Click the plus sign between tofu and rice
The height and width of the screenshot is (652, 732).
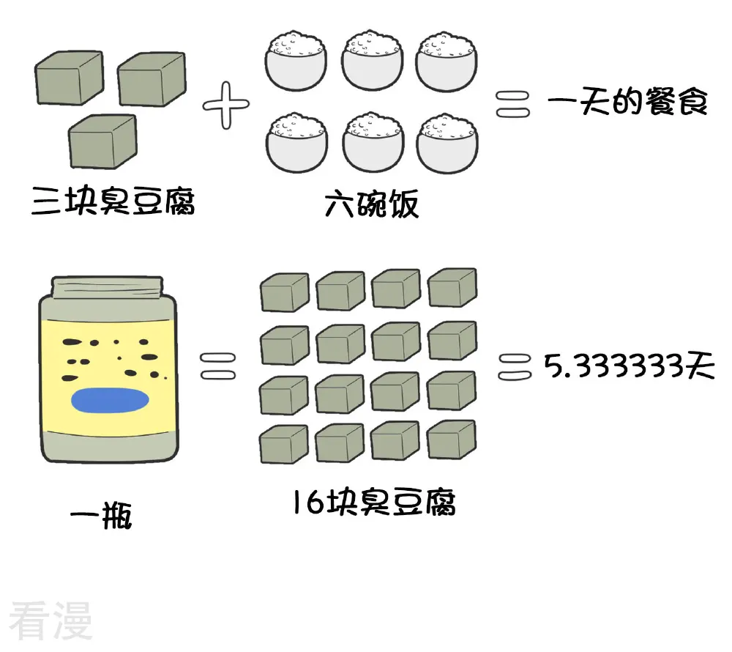pyautogui.click(x=226, y=105)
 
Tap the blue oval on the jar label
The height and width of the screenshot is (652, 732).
pyautogui.click(x=111, y=401)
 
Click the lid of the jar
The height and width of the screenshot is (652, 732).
pyautogui.click(x=108, y=288)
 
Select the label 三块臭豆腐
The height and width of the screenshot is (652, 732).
pyautogui.click(x=113, y=201)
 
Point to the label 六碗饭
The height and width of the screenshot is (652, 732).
pyautogui.click(x=372, y=203)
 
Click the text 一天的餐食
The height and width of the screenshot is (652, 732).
pyautogui.click(x=628, y=102)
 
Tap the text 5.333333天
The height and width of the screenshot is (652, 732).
pyautogui.click(x=629, y=366)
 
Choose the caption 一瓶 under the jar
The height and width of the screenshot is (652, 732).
pyautogui.click(x=101, y=515)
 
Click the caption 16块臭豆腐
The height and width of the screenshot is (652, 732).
pyautogui.click(x=374, y=502)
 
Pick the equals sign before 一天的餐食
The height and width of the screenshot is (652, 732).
pyautogui.click(x=512, y=104)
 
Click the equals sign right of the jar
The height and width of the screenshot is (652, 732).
pyautogui.click(x=218, y=366)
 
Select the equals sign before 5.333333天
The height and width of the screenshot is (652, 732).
pyautogui.click(x=515, y=367)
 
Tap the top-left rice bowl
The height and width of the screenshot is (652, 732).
pyautogui.click(x=296, y=61)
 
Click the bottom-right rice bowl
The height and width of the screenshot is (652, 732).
pyautogui.click(x=447, y=142)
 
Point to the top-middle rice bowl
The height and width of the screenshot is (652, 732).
pyautogui.click(x=372, y=60)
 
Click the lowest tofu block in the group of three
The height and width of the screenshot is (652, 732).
pyautogui.click(x=102, y=141)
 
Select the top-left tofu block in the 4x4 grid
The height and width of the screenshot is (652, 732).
pyautogui.click(x=285, y=292)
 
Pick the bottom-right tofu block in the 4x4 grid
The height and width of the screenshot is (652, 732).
pyautogui.click(x=452, y=440)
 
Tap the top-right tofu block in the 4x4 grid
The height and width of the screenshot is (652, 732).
pyautogui.click(x=452, y=287)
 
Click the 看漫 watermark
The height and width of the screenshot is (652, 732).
pyautogui.click(x=51, y=620)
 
